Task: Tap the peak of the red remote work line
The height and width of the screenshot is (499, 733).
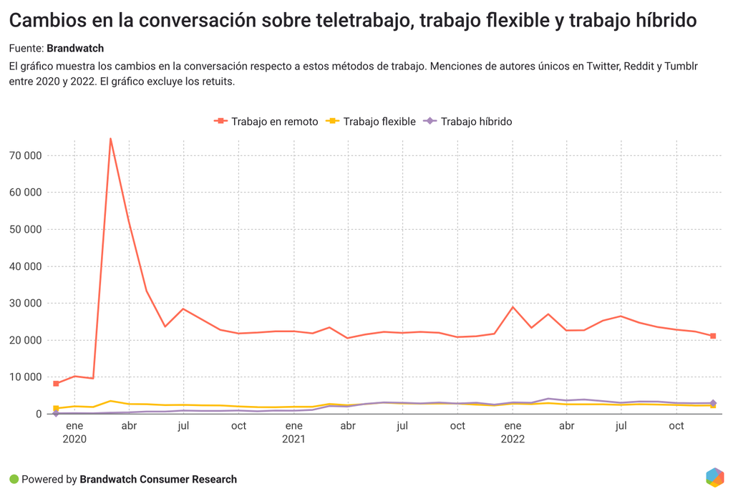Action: tap(110, 138)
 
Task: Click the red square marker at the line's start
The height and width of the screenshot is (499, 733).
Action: tap(56, 384)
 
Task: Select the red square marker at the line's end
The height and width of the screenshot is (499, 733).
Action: tap(713, 336)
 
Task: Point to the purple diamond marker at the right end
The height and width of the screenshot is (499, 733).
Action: tap(713, 403)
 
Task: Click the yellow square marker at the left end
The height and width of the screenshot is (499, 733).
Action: tap(56, 408)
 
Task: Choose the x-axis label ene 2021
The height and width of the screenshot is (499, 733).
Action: tap(293, 432)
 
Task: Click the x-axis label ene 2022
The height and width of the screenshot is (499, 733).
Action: tap(513, 432)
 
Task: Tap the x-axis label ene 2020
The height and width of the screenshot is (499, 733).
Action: tap(74, 432)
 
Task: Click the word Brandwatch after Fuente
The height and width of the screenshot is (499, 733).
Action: tap(75, 49)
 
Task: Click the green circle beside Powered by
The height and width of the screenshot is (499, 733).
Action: tap(14, 479)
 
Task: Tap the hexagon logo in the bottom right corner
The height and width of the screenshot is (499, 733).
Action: tap(714, 478)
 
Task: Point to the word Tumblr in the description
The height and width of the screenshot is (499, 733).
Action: tap(681, 66)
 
